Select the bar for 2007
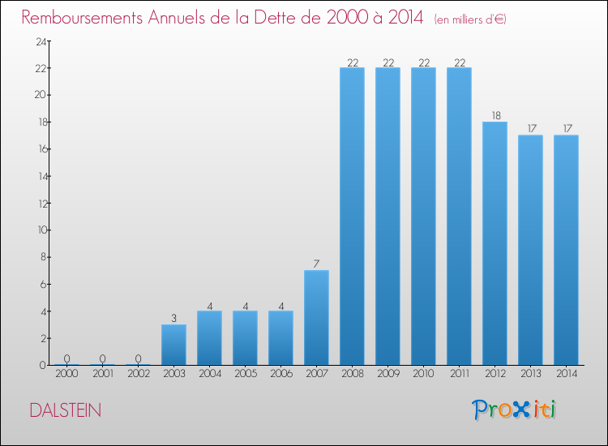click(316, 317)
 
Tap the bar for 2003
click(173, 345)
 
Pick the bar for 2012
click(495, 243)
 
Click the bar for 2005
click(245, 338)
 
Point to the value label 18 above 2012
click(495, 115)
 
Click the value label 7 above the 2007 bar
click(316, 264)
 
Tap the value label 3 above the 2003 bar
click(173, 318)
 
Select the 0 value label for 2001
click(102, 358)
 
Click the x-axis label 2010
click(423, 374)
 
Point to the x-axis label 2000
click(66, 374)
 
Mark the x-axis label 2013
click(530, 374)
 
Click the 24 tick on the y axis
click(39, 41)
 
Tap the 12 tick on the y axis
click(39, 203)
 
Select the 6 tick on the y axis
click(41, 284)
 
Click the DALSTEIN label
click(66, 410)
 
